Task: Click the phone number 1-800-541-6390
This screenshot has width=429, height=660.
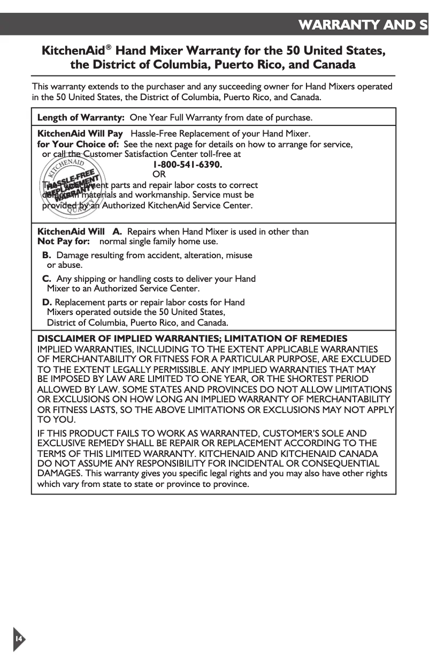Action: (188, 164)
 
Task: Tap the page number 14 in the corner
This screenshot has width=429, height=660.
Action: (18, 639)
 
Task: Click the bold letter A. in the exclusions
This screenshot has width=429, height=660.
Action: (117, 232)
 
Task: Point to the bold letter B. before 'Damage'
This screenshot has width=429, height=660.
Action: (47, 255)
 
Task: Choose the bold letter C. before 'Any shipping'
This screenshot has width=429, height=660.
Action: (47, 279)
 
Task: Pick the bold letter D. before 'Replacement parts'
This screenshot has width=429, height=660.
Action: (47, 302)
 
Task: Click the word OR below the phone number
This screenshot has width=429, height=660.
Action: (159, 175)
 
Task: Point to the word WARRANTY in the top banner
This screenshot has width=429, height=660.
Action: (344, 25)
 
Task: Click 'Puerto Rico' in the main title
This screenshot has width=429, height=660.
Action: (246, 65)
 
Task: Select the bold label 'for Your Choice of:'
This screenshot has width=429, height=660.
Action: (77, 144)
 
